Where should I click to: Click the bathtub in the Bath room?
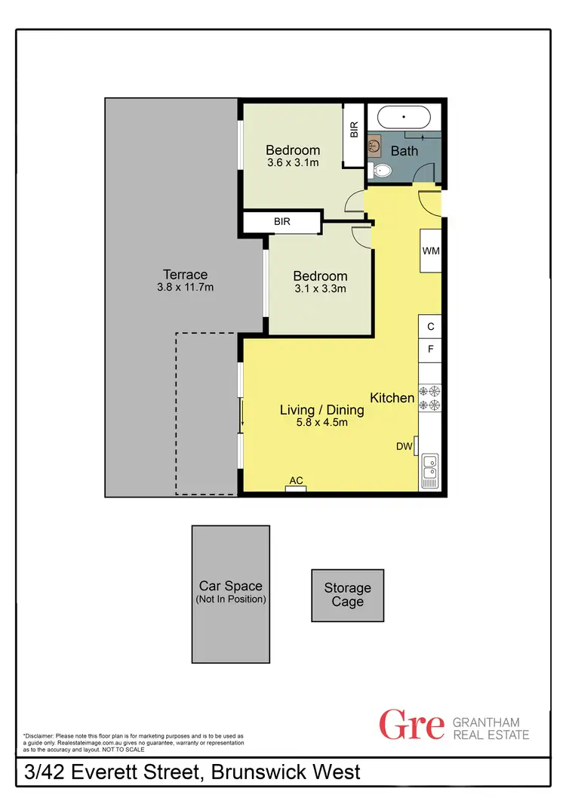tap(404, 118)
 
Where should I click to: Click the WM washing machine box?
tap(430, 250)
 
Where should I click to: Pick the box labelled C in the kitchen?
tap(430, 327)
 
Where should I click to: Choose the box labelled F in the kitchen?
tap(430, 350)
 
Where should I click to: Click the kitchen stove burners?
tap(430, 398)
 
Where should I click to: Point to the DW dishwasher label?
tap(405, 446)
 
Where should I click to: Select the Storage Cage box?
tap(348, 595)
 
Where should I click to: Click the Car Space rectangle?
tap(230, 593)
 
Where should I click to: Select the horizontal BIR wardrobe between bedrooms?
tap(281, 222)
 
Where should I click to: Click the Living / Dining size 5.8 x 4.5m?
tap(321, 423)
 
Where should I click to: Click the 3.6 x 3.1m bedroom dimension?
tap(293, 162)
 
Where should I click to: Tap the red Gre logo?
tap(411, 726)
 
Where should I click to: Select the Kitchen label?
tap(392, 398)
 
